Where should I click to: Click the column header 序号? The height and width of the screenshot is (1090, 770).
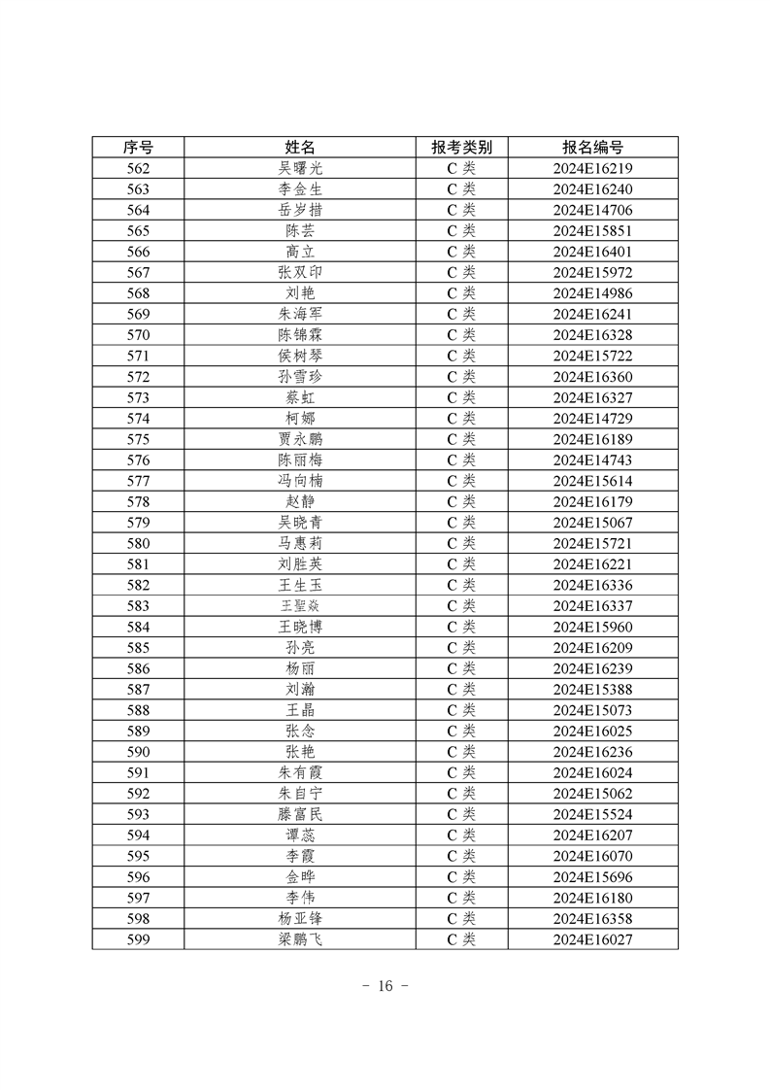138,148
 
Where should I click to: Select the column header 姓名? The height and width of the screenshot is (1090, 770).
300,148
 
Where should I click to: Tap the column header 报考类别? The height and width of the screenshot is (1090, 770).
461,148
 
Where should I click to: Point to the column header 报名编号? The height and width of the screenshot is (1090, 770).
592,148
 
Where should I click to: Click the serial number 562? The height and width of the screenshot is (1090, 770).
138,169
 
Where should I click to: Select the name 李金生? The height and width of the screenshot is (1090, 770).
300,189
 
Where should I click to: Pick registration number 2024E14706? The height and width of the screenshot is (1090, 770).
592,211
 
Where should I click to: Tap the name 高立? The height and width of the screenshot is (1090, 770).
300,252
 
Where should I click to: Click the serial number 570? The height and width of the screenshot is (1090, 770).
138,335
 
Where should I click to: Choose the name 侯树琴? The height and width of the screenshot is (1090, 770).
300,356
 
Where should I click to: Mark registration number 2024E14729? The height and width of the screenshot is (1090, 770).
592,418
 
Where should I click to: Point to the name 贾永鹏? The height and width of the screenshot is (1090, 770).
300,439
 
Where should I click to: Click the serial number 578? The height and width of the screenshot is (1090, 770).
138,501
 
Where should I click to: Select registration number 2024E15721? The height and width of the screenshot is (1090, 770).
592,543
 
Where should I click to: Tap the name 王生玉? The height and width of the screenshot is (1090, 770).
300,585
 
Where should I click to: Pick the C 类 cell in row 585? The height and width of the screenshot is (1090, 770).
461,647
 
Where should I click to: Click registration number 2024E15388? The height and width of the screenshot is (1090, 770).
592,689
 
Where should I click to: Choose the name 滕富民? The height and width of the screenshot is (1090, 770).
300,814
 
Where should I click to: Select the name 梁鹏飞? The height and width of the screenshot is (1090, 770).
300,939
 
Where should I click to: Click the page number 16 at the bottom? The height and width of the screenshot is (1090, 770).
385,986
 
